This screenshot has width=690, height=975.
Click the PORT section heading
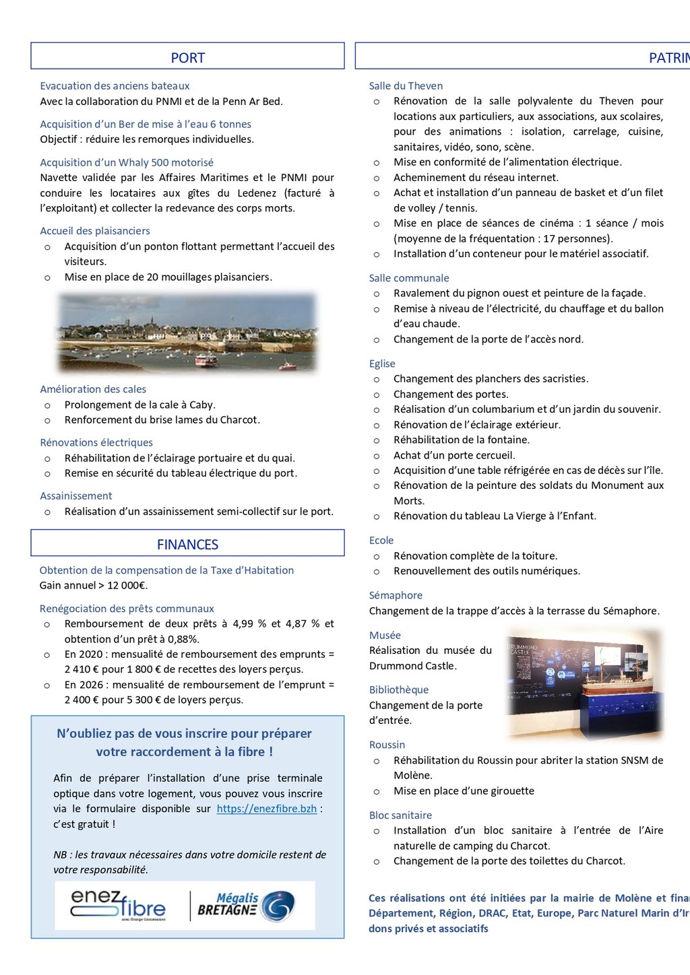pos(187,58)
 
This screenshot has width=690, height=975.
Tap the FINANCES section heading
pos(187,545)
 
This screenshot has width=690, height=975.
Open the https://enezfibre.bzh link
pos(266,809)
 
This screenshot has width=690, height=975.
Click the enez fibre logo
pos(118,906)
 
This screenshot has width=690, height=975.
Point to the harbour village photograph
pos(187,332)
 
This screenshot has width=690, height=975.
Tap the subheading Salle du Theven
pos(406,86)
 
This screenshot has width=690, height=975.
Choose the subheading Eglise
pos(382,364)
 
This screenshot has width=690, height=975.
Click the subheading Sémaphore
pos(396,595)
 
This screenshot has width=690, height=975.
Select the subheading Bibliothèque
pos(398,690)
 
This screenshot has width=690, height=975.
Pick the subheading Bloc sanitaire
pos(400,815)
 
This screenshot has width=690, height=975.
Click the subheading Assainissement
pos(76,496)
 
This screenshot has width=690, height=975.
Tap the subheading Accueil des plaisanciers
pos(95,231)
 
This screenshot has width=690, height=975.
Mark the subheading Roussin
pos(387,745)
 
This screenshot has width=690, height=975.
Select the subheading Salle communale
pos(408,278)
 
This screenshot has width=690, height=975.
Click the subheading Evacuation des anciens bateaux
pos(115,86)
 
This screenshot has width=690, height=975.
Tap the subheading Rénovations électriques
pos(96,442)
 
